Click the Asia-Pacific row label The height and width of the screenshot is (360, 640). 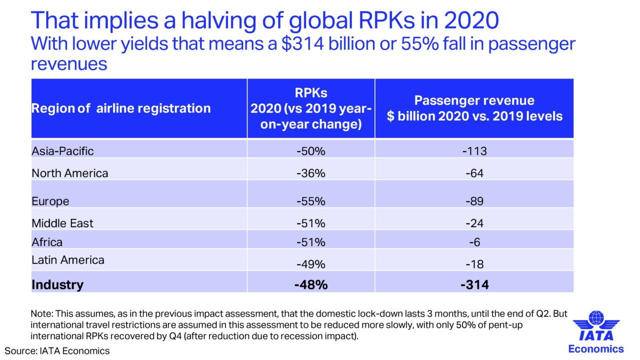pos(62,150)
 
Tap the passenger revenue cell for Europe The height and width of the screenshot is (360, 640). pos(473,201)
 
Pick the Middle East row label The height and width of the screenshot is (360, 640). pos(62,223)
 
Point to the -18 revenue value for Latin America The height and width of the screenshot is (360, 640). pos(473,264)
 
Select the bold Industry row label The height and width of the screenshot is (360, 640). pos(57,284)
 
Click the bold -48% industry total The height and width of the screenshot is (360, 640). pos(310,285)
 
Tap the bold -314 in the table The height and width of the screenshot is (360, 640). pos(474,285)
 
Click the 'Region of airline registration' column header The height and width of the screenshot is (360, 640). pos(121,108)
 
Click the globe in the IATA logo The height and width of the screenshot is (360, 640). pos(596,318)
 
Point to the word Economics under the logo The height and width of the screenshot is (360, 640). pos(596,349)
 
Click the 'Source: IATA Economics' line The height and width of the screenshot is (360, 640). pos(57,350)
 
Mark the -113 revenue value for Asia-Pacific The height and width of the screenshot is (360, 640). pos(473,151)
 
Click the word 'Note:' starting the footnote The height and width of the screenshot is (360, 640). pos(42,314)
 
